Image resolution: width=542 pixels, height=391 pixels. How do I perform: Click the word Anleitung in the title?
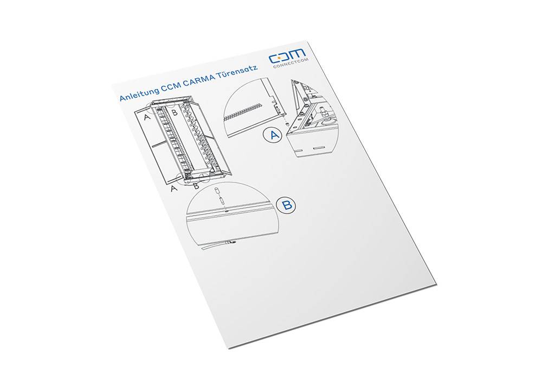(139, 94)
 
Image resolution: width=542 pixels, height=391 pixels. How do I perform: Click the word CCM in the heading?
(170, 87)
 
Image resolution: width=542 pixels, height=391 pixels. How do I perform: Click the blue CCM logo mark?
(287, 56)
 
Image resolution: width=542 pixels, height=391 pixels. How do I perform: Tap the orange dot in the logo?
(279, 58)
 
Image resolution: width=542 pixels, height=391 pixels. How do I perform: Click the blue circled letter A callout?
(273, 135)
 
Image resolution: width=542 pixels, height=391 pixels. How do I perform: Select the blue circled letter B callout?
(287, 206)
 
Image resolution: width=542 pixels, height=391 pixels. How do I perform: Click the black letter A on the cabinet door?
(147, 117)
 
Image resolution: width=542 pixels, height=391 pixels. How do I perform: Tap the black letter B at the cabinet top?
(175, 112)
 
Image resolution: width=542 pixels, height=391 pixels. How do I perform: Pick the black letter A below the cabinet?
(174, 188)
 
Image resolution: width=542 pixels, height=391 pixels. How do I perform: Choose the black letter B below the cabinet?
(196, 186)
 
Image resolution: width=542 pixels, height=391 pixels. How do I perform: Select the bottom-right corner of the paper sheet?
(437, 285)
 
